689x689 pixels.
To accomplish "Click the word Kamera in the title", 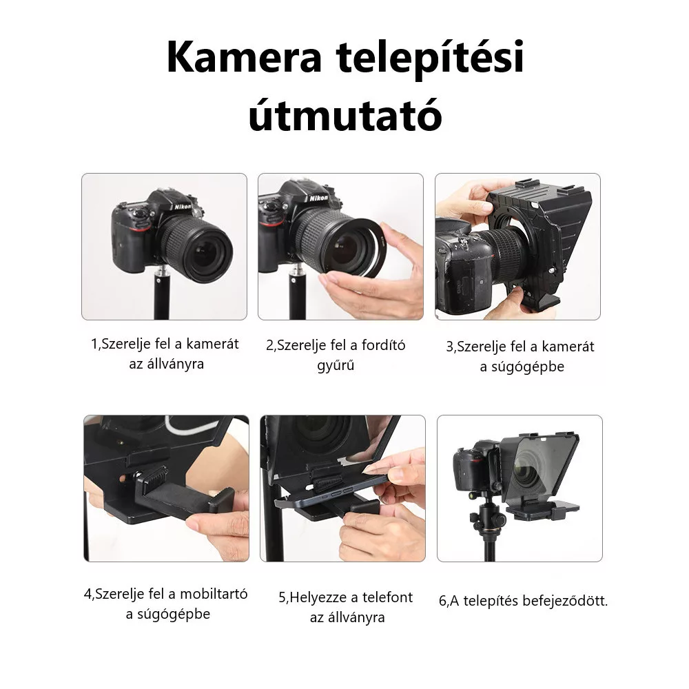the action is (244, 58).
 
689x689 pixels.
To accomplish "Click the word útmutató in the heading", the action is (345, 114).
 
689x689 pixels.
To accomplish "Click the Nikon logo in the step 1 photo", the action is (183, 207).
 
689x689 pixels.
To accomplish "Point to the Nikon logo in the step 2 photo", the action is (318, 198).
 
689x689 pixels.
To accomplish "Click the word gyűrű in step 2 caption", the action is (336, 366).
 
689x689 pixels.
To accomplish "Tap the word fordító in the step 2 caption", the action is (383, 345).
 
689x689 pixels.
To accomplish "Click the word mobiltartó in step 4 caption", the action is (214, 594).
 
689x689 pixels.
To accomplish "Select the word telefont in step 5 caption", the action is (387, 597).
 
